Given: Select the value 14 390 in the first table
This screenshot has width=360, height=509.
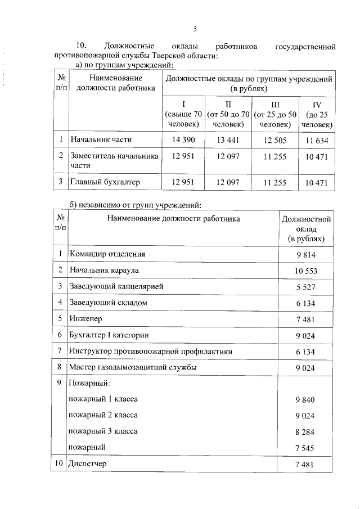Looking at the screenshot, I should [x=184, y=139].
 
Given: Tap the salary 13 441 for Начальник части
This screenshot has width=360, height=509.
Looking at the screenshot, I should [x=228, y=139].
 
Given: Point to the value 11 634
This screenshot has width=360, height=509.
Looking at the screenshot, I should [x=317, y=139].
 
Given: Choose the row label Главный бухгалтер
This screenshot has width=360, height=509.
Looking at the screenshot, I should [x=104, y=182].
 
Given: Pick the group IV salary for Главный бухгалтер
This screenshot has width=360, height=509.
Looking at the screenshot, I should [x=317, y=182].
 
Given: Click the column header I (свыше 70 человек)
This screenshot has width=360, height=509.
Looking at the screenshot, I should [x=184, y=114].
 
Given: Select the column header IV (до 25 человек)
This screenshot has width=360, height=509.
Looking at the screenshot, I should [x=317, y=114].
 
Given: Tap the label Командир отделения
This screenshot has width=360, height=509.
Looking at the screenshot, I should [x=107, y=254].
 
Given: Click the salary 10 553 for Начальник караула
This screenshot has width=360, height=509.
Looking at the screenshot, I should [x=306, y=271].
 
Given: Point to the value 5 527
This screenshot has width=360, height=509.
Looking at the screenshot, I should [x=306, y=287].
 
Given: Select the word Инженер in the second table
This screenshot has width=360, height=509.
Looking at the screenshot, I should [x=85, y=318].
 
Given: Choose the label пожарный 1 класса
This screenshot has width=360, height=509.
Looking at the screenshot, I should [x=103, y=399].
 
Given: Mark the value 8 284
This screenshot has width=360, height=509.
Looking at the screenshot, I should [x=306, y=432].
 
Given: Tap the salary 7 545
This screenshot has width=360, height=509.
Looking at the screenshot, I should [x=306, y=448].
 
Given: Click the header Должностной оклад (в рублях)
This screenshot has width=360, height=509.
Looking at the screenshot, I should [x=306, y=229].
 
